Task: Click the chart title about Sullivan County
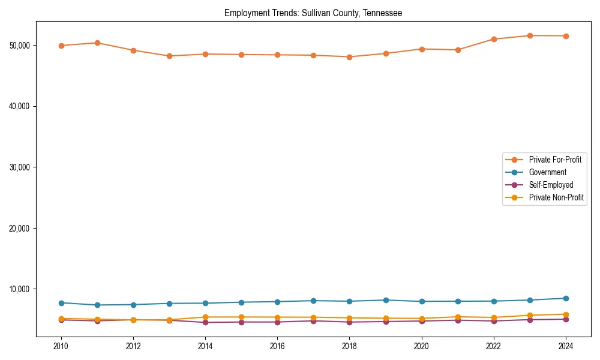coord(313,13)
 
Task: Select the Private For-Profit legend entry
coord(554,160)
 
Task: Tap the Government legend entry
coord(547,172)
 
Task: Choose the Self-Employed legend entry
coord(551,185)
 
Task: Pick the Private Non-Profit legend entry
coord(556,197)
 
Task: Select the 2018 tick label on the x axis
coord(349,346)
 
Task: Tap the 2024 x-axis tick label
coord(565,346)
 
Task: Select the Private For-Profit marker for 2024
coord(565,36)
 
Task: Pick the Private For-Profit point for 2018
coord(349,57)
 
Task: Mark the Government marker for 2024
coord(565,298)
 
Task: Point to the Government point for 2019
coord(385,300)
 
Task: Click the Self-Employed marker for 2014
coord(205,322)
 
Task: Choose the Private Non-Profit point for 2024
coord(565,314)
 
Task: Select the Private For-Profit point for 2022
coord(493,39)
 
